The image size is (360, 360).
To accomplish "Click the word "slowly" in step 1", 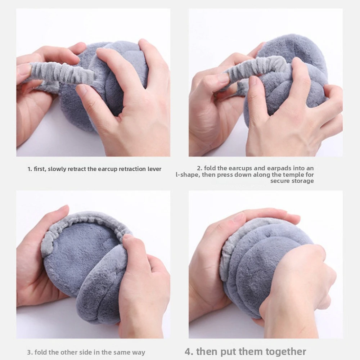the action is [57, 169].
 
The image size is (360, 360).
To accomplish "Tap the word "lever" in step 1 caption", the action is [154, 169].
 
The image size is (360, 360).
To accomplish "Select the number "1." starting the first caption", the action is [30, 169].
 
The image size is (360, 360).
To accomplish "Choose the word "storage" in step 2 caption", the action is [303, 181].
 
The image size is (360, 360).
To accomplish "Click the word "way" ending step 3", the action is [139, 353].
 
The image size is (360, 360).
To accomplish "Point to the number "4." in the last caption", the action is [189, 351].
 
